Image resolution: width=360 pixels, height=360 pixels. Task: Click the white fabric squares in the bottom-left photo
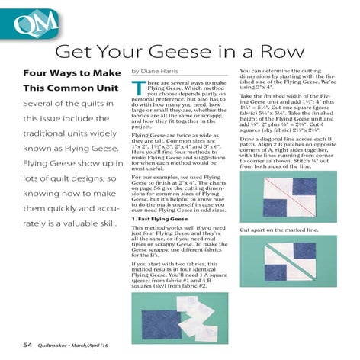point(193,313)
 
